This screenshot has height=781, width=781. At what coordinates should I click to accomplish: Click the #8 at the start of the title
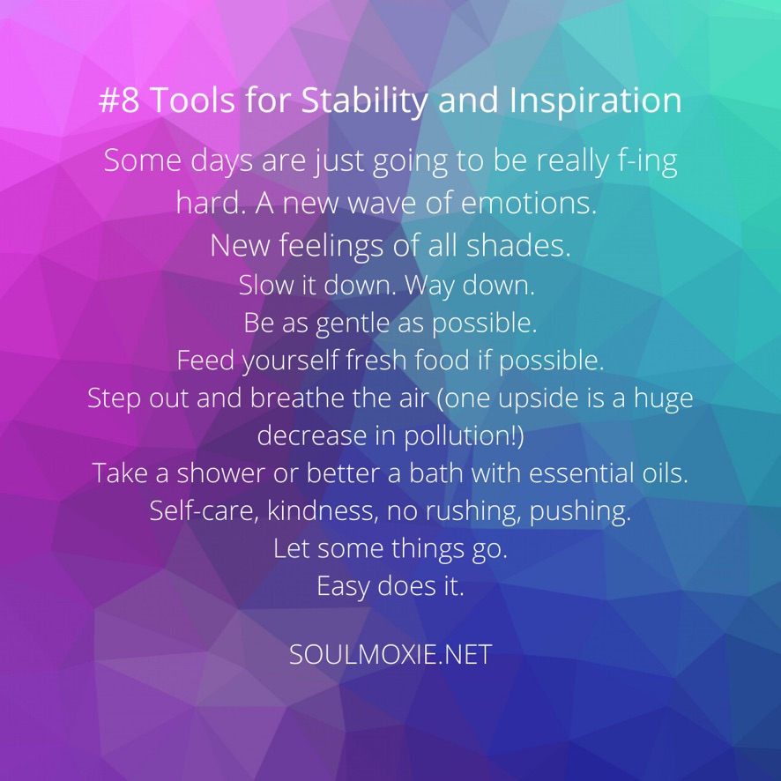tap(119, 100)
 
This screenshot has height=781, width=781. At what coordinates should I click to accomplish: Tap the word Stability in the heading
tap(364, 101)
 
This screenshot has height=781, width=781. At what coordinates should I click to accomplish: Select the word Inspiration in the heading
tap(596, 101)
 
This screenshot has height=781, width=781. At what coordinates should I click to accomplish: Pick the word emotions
tap(529, 204)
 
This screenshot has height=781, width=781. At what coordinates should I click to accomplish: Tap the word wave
tap(382, 205)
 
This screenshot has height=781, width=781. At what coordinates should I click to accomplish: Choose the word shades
tap(518, 245)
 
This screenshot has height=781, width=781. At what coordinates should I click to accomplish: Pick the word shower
tap(220, 472)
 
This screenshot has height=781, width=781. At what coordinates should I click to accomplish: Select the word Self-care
tap(205, 511)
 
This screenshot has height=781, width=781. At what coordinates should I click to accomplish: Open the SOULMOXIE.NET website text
tap(390, 654)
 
